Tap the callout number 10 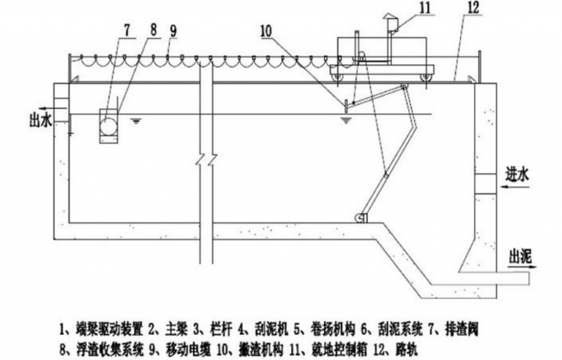[x=265, y=32]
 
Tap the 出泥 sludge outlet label [x=521, y=256]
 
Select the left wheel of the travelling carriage [x=337, y=77]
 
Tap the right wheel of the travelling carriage [x=425, y=77]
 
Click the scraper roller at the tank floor [x=361, y=218]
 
